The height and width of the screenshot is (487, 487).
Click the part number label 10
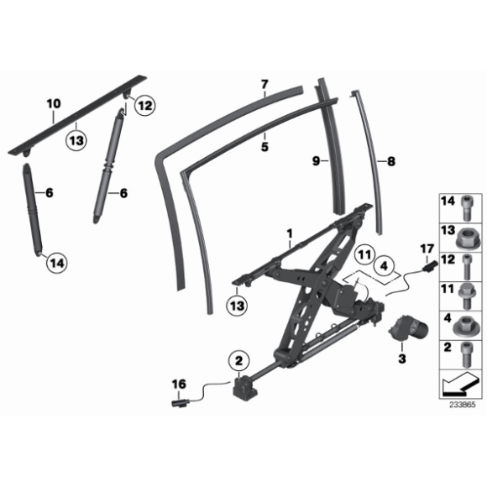tap(53, 103)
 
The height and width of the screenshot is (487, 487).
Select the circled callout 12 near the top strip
tap(144, 106)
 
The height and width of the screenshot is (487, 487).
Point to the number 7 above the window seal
tap(263, 84)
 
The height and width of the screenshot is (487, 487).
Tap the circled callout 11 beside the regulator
tap(362, 253)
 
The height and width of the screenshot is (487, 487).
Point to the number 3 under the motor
tap(401, 359)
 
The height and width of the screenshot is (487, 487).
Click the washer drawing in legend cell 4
tap(466, 322)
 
